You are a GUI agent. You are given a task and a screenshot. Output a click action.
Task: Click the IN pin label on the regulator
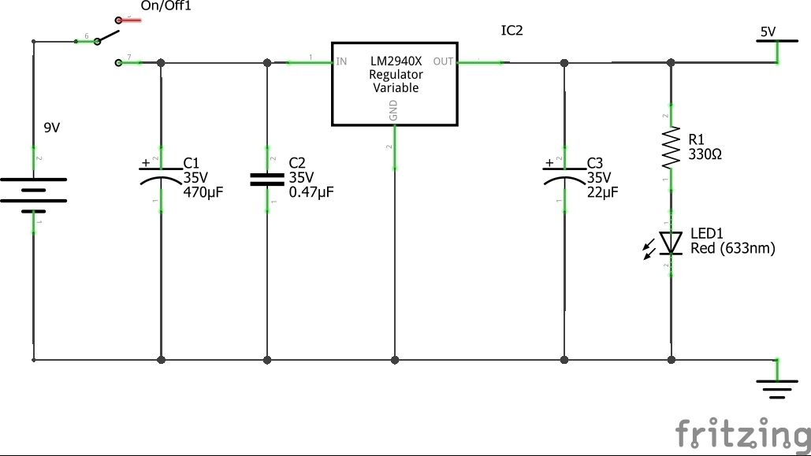coord(342,61)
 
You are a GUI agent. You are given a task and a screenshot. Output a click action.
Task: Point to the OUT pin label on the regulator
coord(443,61)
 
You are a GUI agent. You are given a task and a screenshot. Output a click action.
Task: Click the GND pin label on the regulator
coord(394,114)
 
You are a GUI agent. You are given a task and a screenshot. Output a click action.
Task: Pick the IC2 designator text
coord(512,31)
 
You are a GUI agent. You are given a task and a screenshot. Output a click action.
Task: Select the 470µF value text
coord(204,191)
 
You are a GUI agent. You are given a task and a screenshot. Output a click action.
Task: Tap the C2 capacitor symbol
coord(267,180)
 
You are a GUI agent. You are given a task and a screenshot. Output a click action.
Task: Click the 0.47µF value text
coord(311,191)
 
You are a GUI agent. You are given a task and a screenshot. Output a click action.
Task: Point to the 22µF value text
coord(603,191)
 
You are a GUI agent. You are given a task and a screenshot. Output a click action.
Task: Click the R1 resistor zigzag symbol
coord(671,149)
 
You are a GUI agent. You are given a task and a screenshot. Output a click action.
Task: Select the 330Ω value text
coord(705,154)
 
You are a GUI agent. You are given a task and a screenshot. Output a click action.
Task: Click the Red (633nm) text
coord(732,249)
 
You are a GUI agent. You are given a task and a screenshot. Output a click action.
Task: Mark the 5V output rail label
coord(767,32)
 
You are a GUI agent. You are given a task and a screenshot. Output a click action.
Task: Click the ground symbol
coord(776,388)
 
